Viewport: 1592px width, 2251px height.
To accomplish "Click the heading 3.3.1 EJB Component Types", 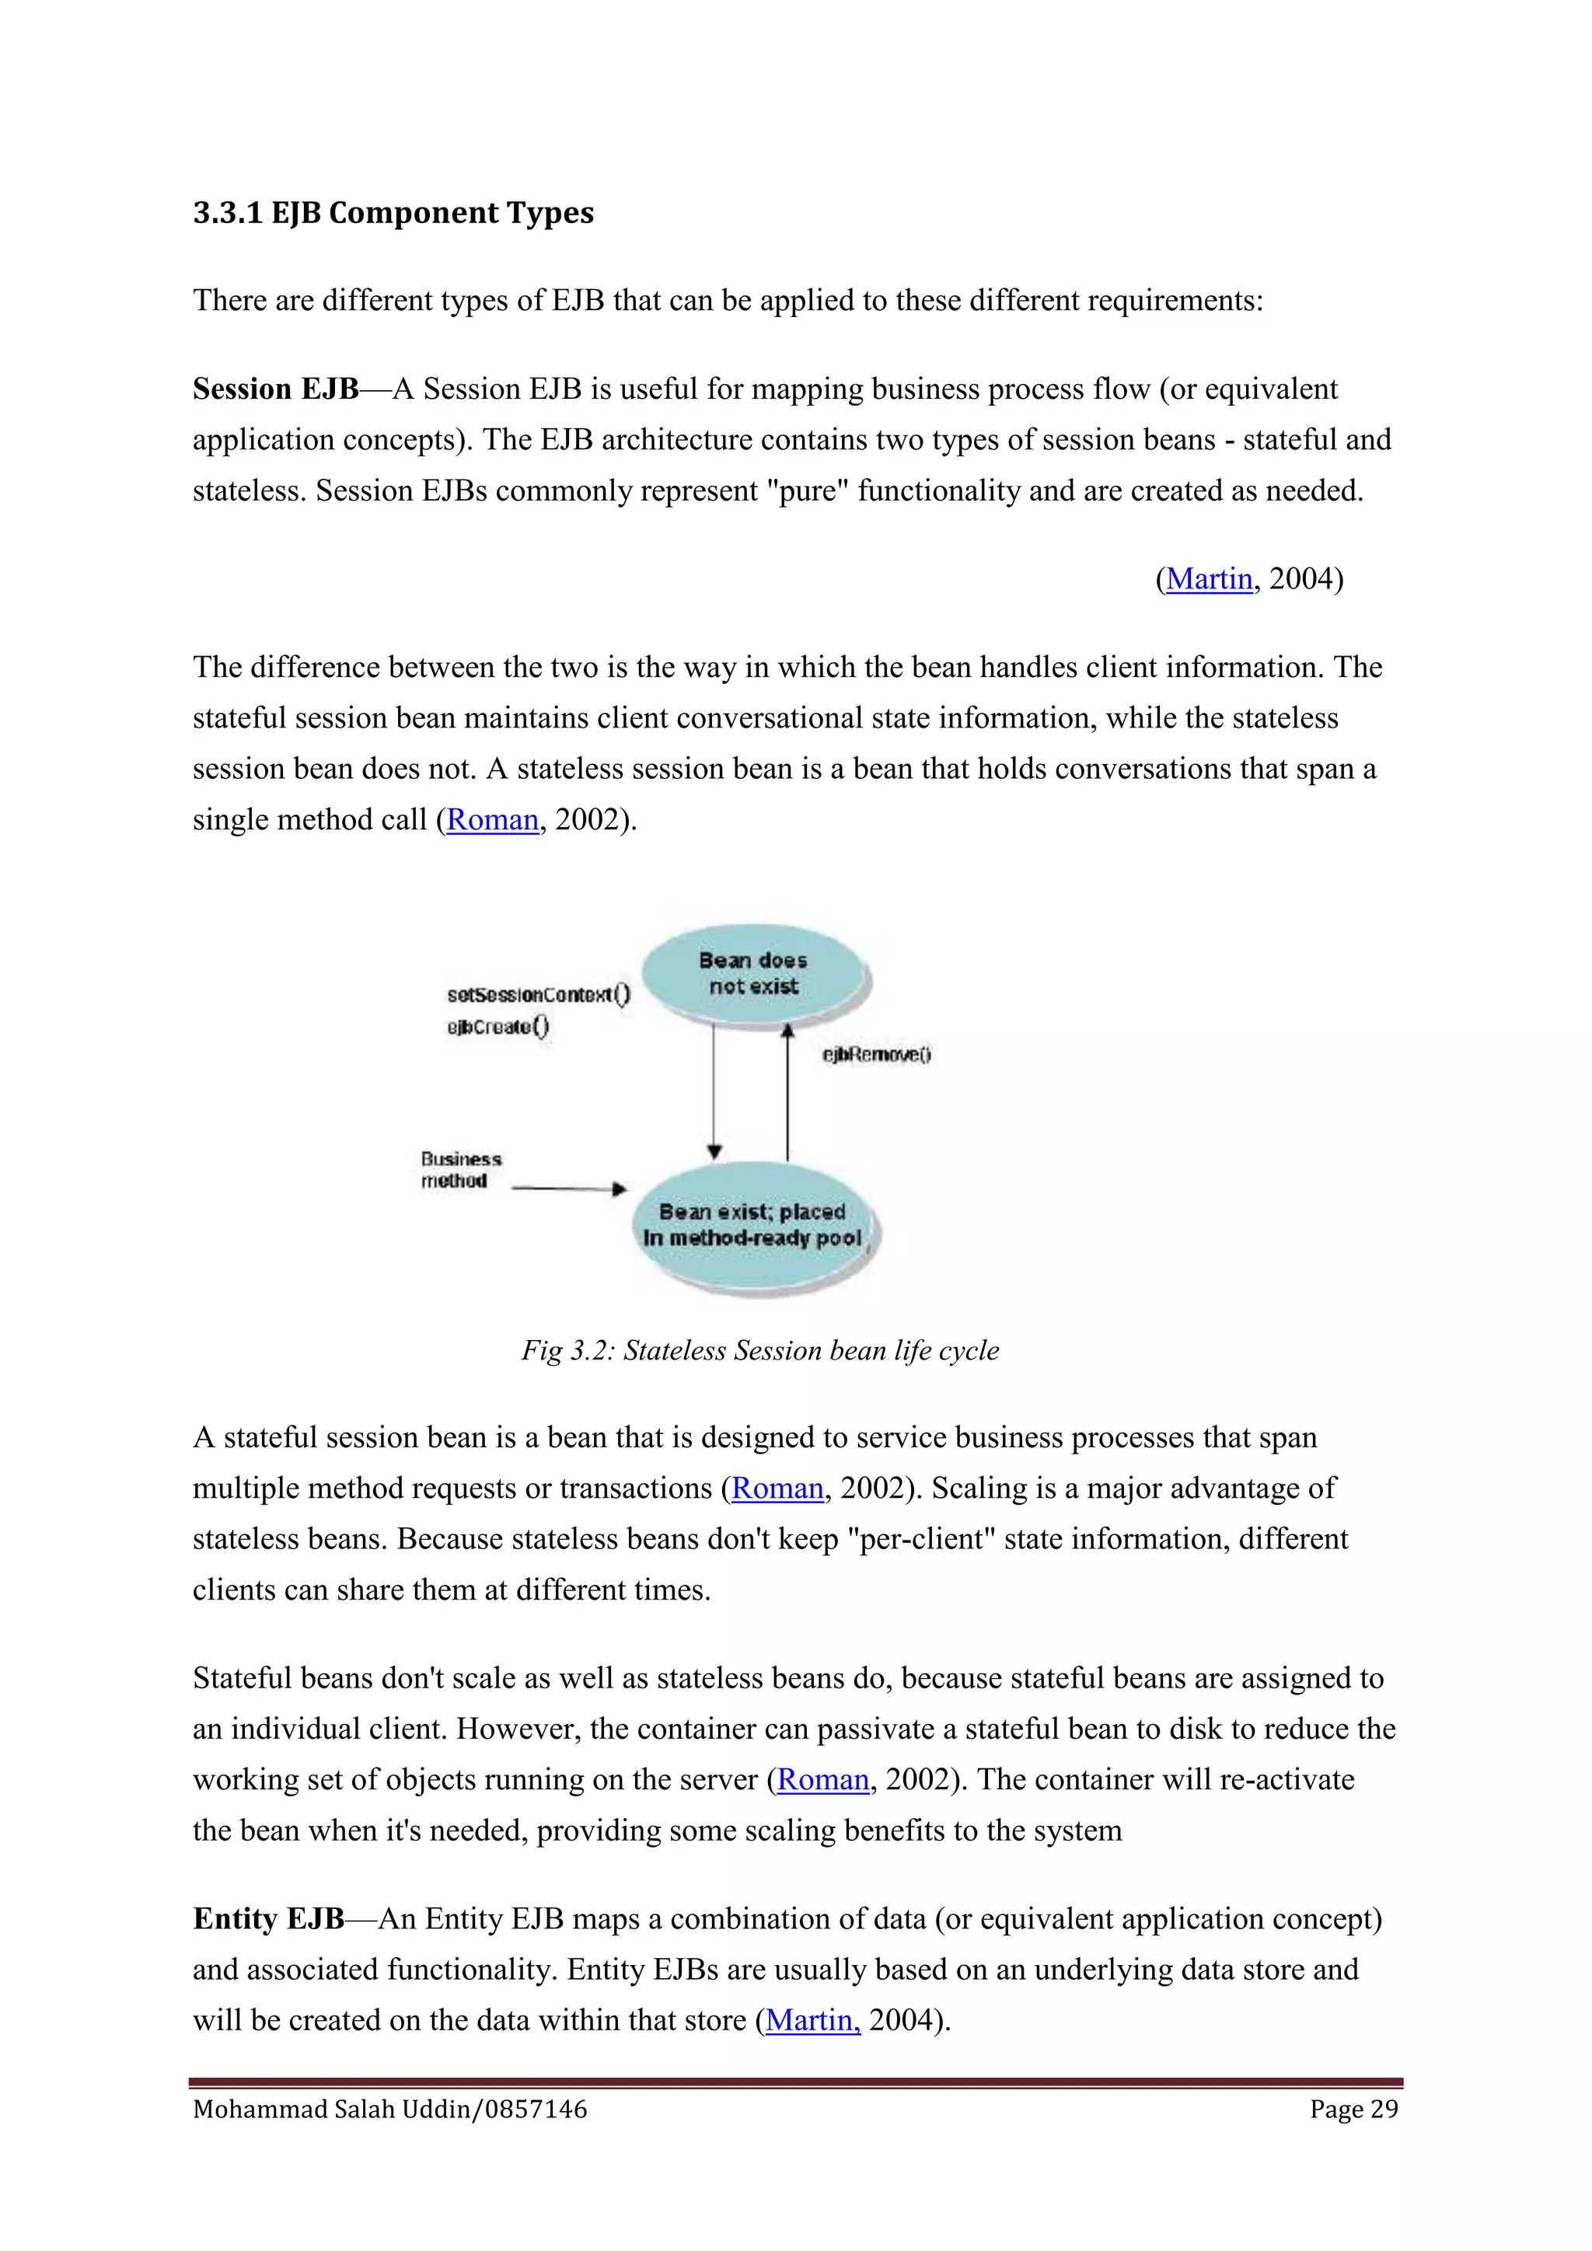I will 393,213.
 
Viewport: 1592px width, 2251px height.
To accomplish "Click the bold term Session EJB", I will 275,389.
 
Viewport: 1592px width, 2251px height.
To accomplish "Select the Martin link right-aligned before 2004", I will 1209,578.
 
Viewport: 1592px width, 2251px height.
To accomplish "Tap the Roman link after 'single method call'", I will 492,819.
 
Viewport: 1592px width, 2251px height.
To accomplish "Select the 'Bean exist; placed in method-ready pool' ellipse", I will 753,1226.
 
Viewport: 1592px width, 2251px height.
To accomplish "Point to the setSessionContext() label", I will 538,994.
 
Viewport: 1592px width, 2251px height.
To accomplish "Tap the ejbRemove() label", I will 876,1054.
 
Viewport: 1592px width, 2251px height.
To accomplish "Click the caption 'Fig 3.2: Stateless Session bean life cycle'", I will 759,1350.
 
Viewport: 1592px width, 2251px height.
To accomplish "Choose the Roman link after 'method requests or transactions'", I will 777,1488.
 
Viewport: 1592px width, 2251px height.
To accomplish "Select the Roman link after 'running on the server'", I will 822,1779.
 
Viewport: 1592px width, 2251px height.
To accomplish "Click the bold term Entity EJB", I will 269,1918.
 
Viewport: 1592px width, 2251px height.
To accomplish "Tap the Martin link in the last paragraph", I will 812,2021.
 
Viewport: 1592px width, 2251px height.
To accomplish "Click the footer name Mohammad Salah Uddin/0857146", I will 390,2109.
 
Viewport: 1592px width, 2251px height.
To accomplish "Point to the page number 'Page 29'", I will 1354,2109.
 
